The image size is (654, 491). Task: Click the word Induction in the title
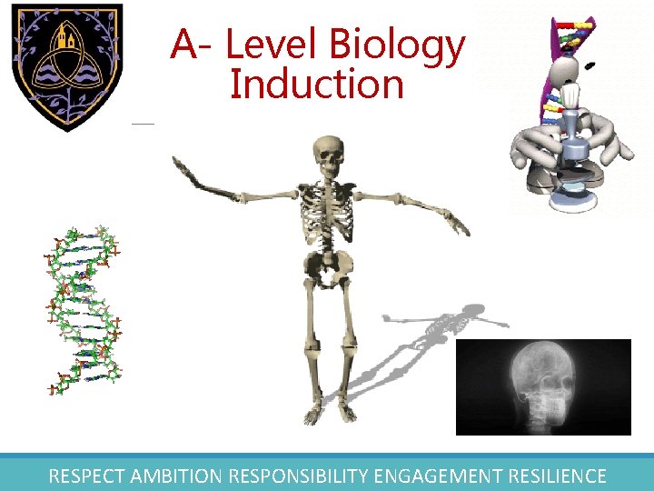click(x=316, y=85)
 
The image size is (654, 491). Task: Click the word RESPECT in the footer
click(x=87, y=476)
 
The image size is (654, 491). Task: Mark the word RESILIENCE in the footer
click(x=556, y=476)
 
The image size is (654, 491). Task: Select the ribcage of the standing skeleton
click(x=327, y=209)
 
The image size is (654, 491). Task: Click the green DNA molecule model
click(x=84, y=309)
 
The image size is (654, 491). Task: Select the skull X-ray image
click(x=542, y=386)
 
